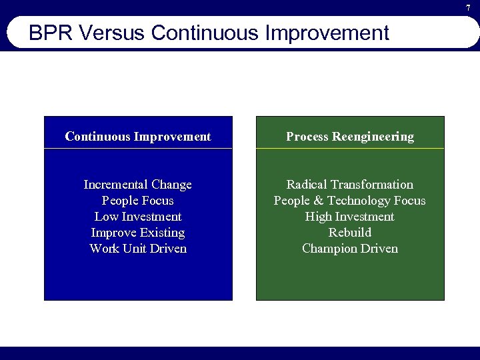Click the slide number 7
pyautogui.click(x=468, y=7)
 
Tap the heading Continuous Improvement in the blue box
pyautogui.click(x=138, y=137)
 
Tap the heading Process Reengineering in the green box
pyautogui.click(x=350, y=137)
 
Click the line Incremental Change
pyautogui.click(x=138, y=185)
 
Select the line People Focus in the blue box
pyautogui.click(x=138, y=201)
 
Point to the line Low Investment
pyautogui.click(x=138, y=217)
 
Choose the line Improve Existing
pyautogui.click(x=138, y=233)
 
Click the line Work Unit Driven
pyautogui.click(x=138, y=249)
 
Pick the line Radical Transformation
pyautogui.click(x=350, y=185)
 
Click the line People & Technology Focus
pyautogui.click(x=350, y=201)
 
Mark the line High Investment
pyautogui.click(x=350, y=217)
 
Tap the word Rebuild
pyautogui.click(x=350, y=233)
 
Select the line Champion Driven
pyautogui.click(x=350, y=249)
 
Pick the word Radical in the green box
pyautogui.click(x=307, y=185)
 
